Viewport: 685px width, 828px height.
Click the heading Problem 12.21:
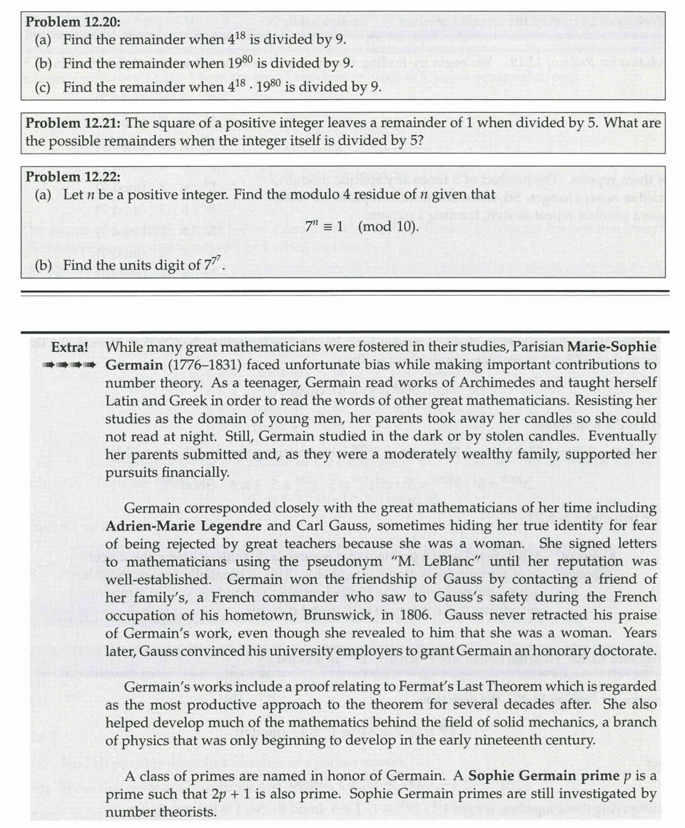pyautogui.click(x=73, y=123)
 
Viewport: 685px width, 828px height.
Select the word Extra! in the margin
pyautogui.click(x=70, y=348)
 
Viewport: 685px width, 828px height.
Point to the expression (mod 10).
pyautogui.click(x=388, y=231)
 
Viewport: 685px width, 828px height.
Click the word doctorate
pyautogui.click(x=621, y=650)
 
